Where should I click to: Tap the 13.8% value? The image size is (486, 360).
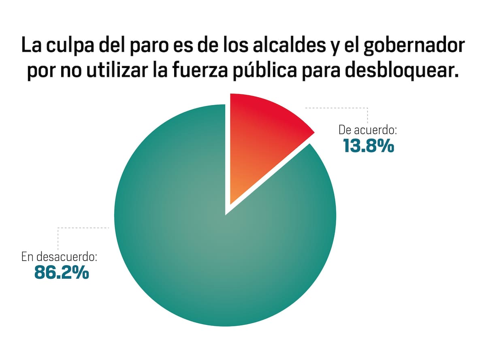click(x=368, y=146)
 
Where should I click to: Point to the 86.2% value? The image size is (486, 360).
click(x=62, y=273)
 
